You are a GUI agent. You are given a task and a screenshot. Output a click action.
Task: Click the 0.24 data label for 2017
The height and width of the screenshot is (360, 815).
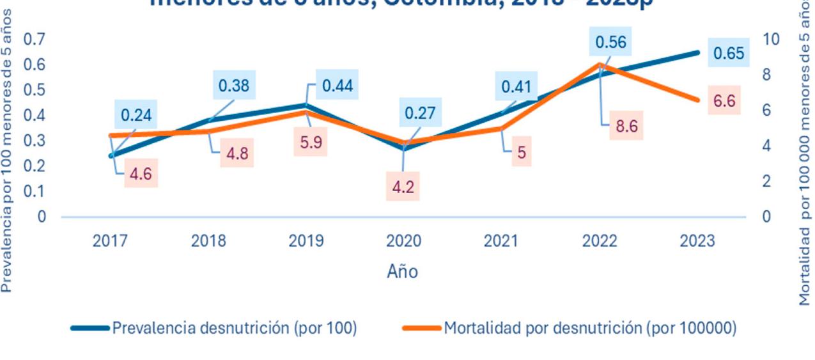[x=136, y=116]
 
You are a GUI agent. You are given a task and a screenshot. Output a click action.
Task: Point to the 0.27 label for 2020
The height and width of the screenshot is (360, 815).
[x=419, y=114]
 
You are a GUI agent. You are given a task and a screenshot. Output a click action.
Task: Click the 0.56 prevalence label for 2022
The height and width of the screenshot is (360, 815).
[x=610, y=43]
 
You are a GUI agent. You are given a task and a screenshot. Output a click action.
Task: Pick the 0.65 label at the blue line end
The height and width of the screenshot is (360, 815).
[x=729, y=53]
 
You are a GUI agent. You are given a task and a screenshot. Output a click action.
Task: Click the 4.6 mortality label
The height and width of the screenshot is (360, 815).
[x=140, y=174]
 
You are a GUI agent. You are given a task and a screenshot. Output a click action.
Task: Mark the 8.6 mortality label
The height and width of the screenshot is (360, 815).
[x=626, y=127]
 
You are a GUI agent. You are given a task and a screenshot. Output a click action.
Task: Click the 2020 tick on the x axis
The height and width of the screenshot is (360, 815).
[x=403, y=241]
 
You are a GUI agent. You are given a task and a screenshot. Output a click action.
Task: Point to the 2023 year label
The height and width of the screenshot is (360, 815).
[x=697, y=241]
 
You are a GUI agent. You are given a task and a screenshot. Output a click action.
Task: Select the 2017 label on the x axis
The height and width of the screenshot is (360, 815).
[x=110, y=241]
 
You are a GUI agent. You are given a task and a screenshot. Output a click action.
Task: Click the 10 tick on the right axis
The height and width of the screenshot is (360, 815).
[x=772, y=39]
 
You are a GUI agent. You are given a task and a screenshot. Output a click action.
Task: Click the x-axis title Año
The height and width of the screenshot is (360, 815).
[x=402, y=272]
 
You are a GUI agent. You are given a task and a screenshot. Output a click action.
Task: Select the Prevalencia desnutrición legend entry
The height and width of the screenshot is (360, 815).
[x=213, y=328]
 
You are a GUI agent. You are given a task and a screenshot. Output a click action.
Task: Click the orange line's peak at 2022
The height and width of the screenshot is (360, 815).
[x=600, y=64]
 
